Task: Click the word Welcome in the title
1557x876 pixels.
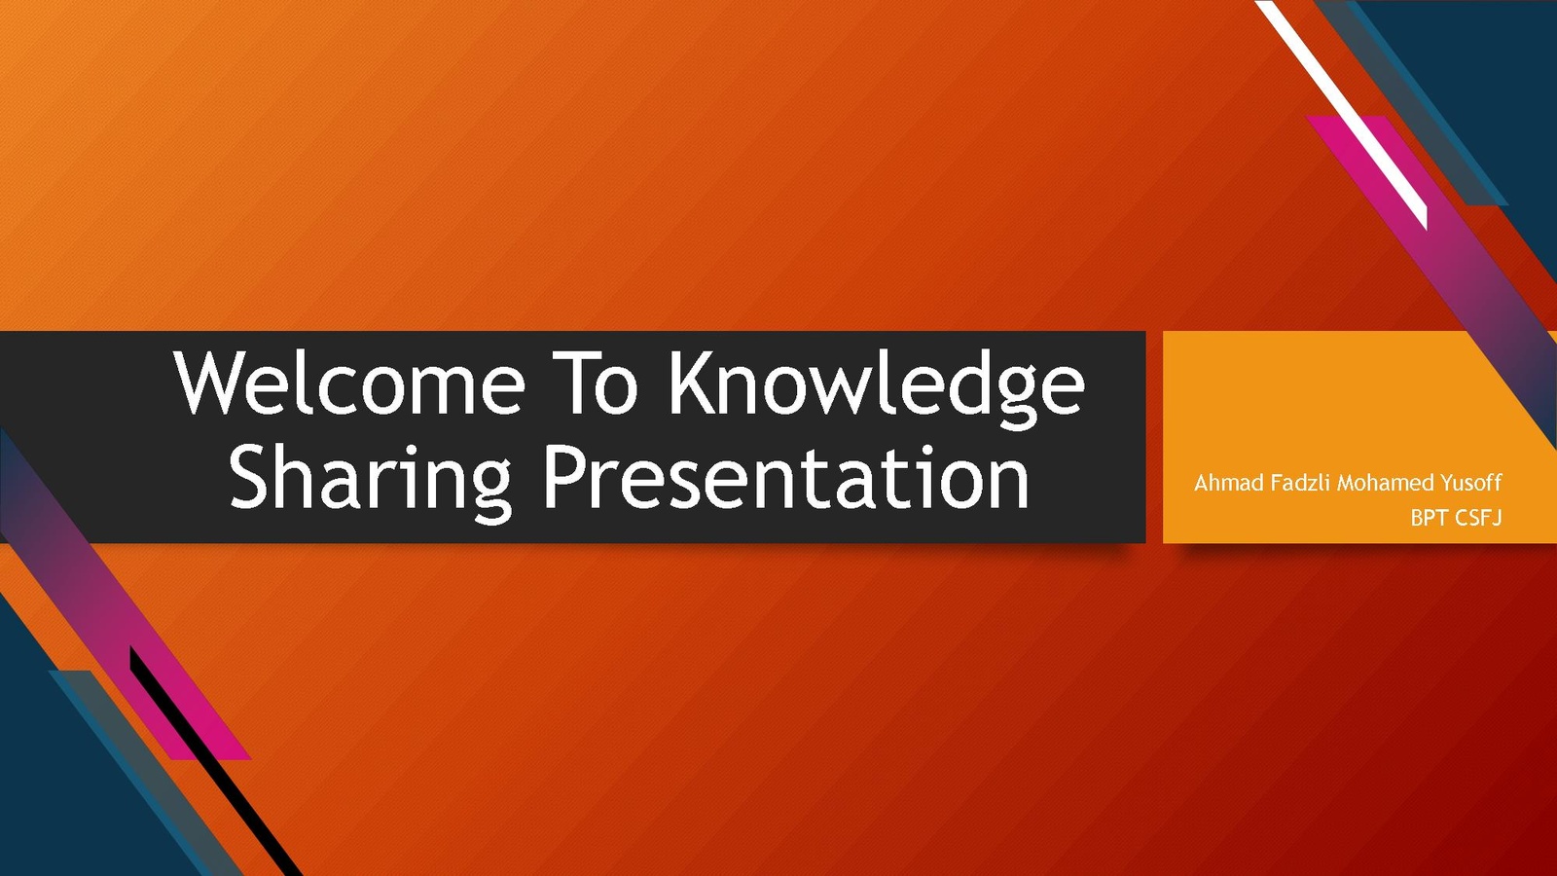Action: coord(349,383)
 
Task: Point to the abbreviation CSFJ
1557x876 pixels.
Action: coord(1478,518)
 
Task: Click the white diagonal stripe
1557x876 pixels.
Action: coord(1342,115)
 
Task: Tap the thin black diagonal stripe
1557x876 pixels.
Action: coord(215,760)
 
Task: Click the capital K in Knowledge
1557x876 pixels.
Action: coord(692,383)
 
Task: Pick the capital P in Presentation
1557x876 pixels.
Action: coord(564,477)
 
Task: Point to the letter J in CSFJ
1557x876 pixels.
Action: coord(1497,519)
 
